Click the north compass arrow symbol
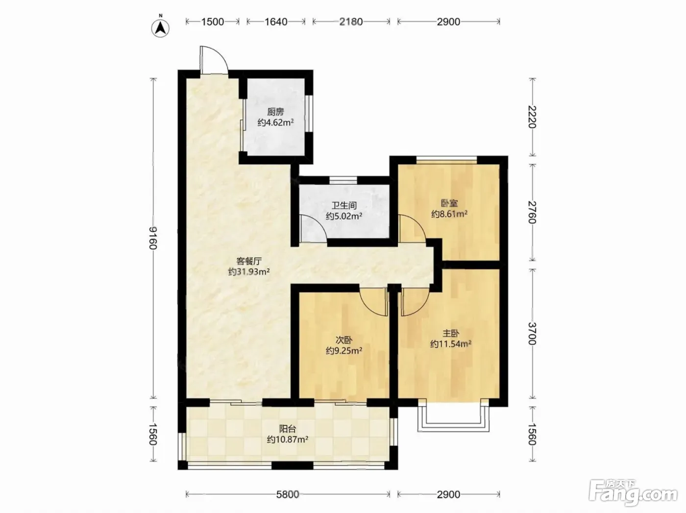tap(160, 28)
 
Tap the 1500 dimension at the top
tap(213, 22)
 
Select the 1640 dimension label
tap(276, 22)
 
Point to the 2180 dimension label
tap(351, 22)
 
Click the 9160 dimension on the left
tap(153, 238)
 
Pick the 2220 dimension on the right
tap(532, 117)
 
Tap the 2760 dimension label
tap(532, 213)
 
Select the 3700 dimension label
tap(532, 334)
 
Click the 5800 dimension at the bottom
tap(288, 494)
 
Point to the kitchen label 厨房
tap(275, 112)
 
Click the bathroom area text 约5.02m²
tap(344, 216)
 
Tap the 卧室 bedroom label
tap(449, 203)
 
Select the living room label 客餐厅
tap(249, 261)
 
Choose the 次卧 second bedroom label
tap(344, 340)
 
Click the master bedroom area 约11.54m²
tap(451, 344)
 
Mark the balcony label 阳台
tap(288, 429)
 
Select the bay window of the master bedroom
tap(453, 418)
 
